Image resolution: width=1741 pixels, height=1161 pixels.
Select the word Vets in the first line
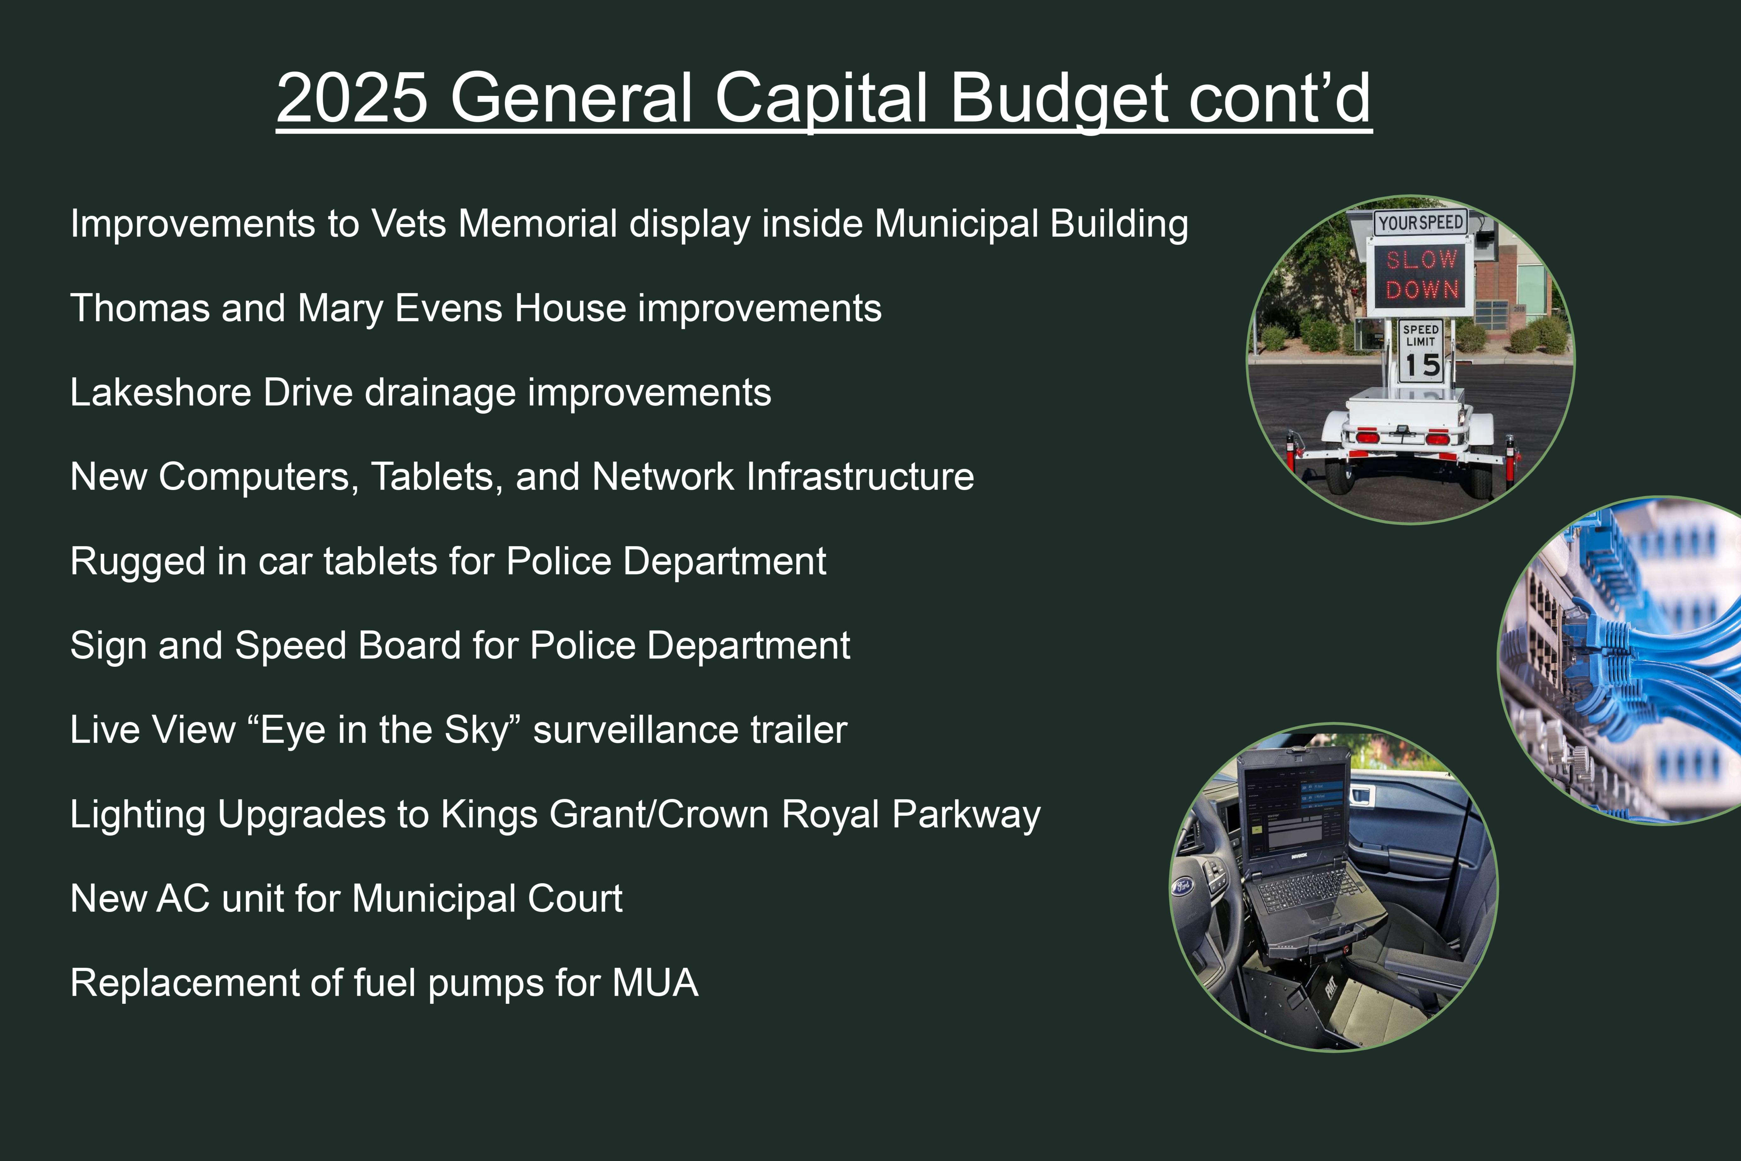409,224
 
